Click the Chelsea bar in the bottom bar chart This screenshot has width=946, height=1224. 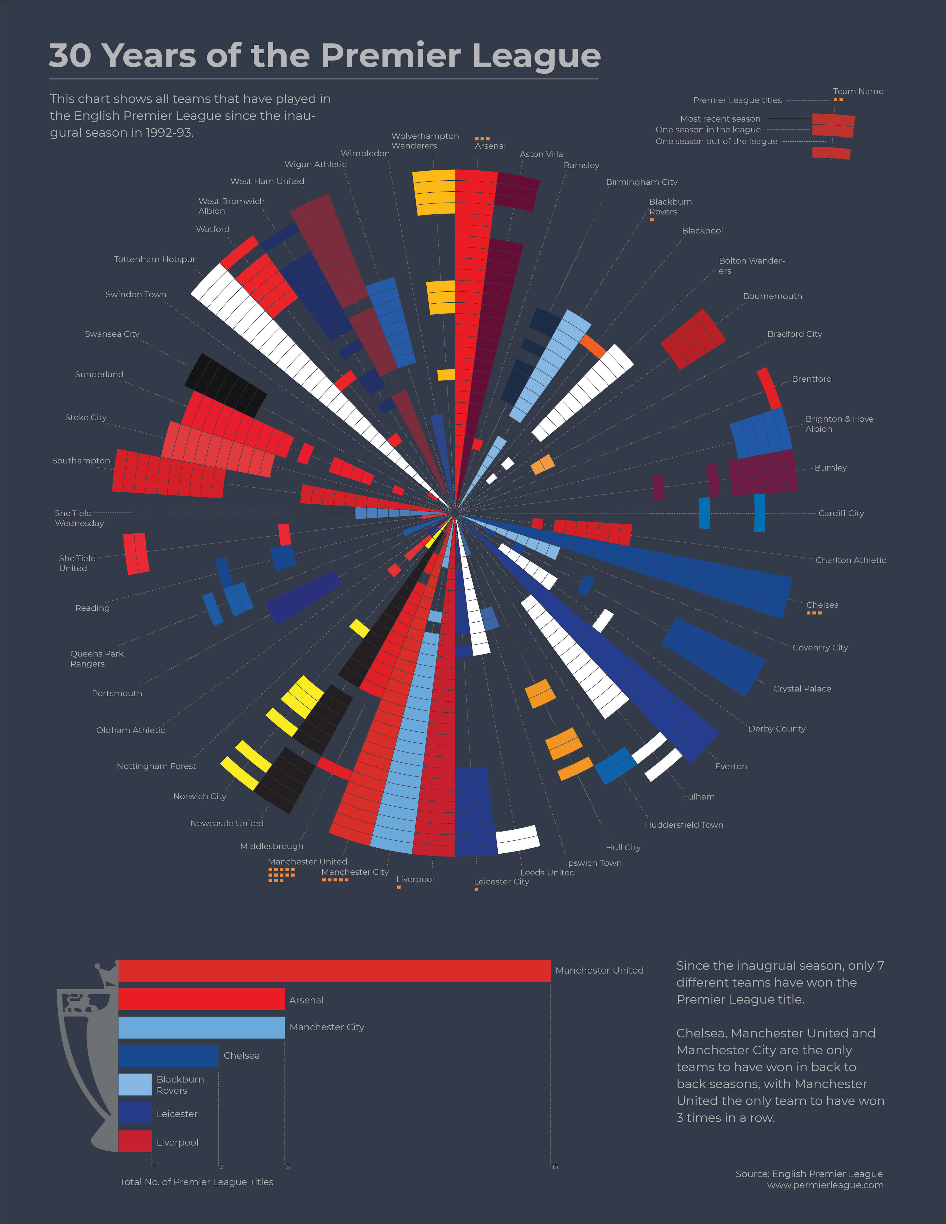pyautogui.click(x=168, y=1056)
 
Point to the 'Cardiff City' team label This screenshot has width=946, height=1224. pyautogui.click(x=841, y=513)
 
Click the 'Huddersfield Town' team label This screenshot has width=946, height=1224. pyautogui.click(x=684, y=825)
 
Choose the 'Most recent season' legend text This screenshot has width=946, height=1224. pyautogui.click(x=720, y=119)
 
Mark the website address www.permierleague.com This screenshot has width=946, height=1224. pyautogui.click(x=825, y=1185)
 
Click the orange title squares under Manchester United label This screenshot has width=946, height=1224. pyautogui.click(x=281, y=875)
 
